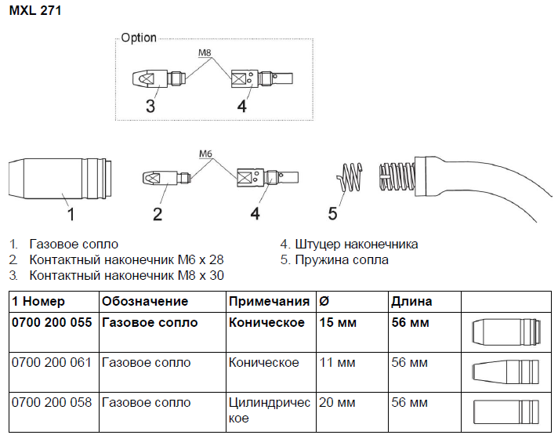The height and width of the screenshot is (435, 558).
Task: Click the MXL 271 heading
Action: [x=35, y=11]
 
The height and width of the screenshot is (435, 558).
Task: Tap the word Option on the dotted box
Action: [x=139, y=38]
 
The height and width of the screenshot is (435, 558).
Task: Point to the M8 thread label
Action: [x=205, y=53]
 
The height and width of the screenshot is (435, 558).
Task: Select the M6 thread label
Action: [x=205, y=154]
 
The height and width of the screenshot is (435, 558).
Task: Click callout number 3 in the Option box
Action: [x=150, y=106]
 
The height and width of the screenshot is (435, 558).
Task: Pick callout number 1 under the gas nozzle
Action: [x=71, y=214]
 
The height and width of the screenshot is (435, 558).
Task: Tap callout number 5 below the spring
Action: [x=332, y=213]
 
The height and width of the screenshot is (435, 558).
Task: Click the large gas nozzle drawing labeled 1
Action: [x=60, y=178]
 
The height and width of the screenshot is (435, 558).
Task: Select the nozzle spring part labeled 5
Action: [x=350, y=177]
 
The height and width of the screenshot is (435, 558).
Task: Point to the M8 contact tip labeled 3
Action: [x=159, y=78]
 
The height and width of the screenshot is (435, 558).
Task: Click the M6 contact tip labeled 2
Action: [x=167, y=178]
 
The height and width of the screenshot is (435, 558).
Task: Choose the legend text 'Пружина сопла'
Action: [x=342, y=260]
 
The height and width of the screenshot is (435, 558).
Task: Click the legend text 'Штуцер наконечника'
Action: [x=357, y=245]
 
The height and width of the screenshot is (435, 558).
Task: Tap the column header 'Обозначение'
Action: [x=145, y=302]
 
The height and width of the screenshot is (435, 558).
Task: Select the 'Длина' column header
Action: [x=411, y=302]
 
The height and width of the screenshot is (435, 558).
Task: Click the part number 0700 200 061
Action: [x=52, y=362]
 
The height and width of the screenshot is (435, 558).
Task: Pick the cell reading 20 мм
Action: [x=337, y=403]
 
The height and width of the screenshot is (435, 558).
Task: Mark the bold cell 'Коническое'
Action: [x=266, y=322]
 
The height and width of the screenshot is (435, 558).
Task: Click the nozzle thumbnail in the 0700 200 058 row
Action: [x=506, y=411]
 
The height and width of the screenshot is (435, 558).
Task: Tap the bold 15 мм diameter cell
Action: [x=338, y=322]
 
